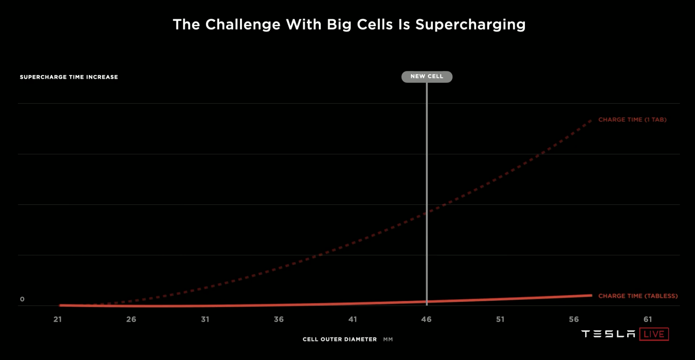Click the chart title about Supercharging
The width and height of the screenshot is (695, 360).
(x=349, y=25)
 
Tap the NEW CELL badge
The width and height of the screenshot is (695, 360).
(x=427, y=76)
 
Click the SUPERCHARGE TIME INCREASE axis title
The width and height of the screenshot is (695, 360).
(x=69, y=77)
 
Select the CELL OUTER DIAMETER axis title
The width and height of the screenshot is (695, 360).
(x=340, y=339)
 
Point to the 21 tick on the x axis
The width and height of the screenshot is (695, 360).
(x=58, y=319)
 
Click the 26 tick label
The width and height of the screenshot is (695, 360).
(x=131, y=319)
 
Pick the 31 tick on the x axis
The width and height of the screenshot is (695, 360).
(x=205, y=319)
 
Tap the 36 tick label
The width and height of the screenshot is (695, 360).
(x=279, y=319)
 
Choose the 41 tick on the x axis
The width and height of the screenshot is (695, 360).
(x=353, y=319)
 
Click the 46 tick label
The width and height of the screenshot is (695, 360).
(x=426, y=319)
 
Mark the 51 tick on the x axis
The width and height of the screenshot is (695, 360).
(x=500, y=319)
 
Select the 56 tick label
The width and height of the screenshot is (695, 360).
(x=574, y=319)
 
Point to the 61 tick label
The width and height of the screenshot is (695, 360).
(x=648, y=319)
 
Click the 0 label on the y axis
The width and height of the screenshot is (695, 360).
(x=22, y=299)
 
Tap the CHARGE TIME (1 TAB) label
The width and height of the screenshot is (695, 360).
(x=632, y=120)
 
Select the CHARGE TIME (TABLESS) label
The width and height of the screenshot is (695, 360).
(x=638, y=296)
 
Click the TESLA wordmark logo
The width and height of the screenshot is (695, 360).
(x=608, y=334)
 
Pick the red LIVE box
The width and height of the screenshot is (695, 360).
(x=654, y=334)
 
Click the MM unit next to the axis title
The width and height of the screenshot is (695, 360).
(x=388, y=339)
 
